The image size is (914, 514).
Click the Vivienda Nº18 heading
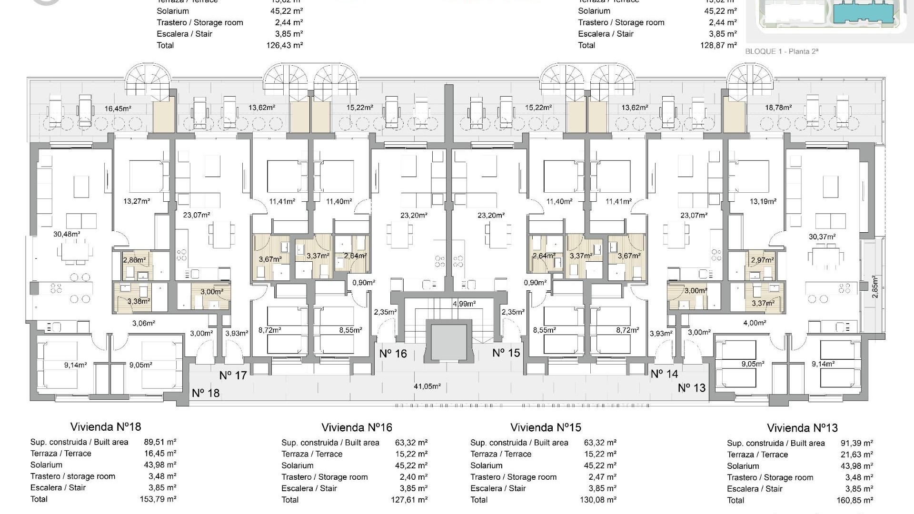[106, 426]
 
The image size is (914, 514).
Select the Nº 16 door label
[393, 354]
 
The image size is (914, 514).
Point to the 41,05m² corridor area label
[427, 386]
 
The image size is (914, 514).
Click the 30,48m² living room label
[67, 234]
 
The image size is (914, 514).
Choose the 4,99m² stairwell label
[464, 304]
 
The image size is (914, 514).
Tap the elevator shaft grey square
[448, 343]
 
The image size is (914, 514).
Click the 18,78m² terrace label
[778, 108]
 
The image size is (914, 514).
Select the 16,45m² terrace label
[118, 109]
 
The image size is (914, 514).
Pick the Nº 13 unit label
[692, 388]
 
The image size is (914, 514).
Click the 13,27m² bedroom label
[137, 201]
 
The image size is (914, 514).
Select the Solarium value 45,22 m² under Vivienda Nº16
[411, 465]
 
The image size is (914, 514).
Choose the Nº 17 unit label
[233, 376]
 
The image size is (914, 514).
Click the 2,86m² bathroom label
[135, 260]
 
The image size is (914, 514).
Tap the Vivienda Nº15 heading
[546, 427]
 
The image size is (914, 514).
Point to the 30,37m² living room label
[822, 237]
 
